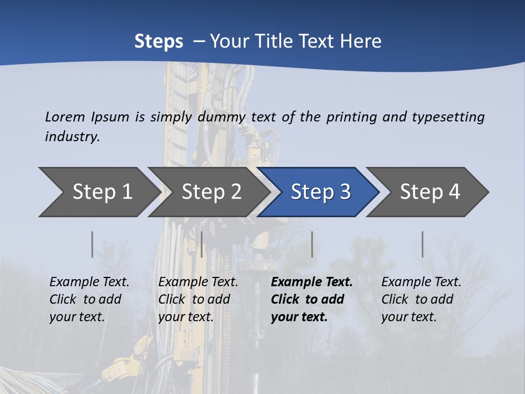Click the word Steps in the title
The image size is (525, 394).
(159, 41)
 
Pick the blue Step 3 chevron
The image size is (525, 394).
(320, 192)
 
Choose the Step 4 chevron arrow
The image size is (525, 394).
(429, 192)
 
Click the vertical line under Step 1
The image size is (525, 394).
(92, 244)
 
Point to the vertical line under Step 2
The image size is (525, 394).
(202, 244)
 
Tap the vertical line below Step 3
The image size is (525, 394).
(312, 244)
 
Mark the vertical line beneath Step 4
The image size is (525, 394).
(422, 244)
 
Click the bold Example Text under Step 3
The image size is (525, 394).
(312, 282)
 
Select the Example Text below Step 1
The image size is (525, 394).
(89, 282)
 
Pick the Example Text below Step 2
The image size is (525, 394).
(198, 282)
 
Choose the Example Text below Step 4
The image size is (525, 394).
(421, 282)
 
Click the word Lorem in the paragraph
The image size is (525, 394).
(65, 117)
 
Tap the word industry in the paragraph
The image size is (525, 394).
(72, 137)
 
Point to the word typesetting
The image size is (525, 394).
(448, 117)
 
